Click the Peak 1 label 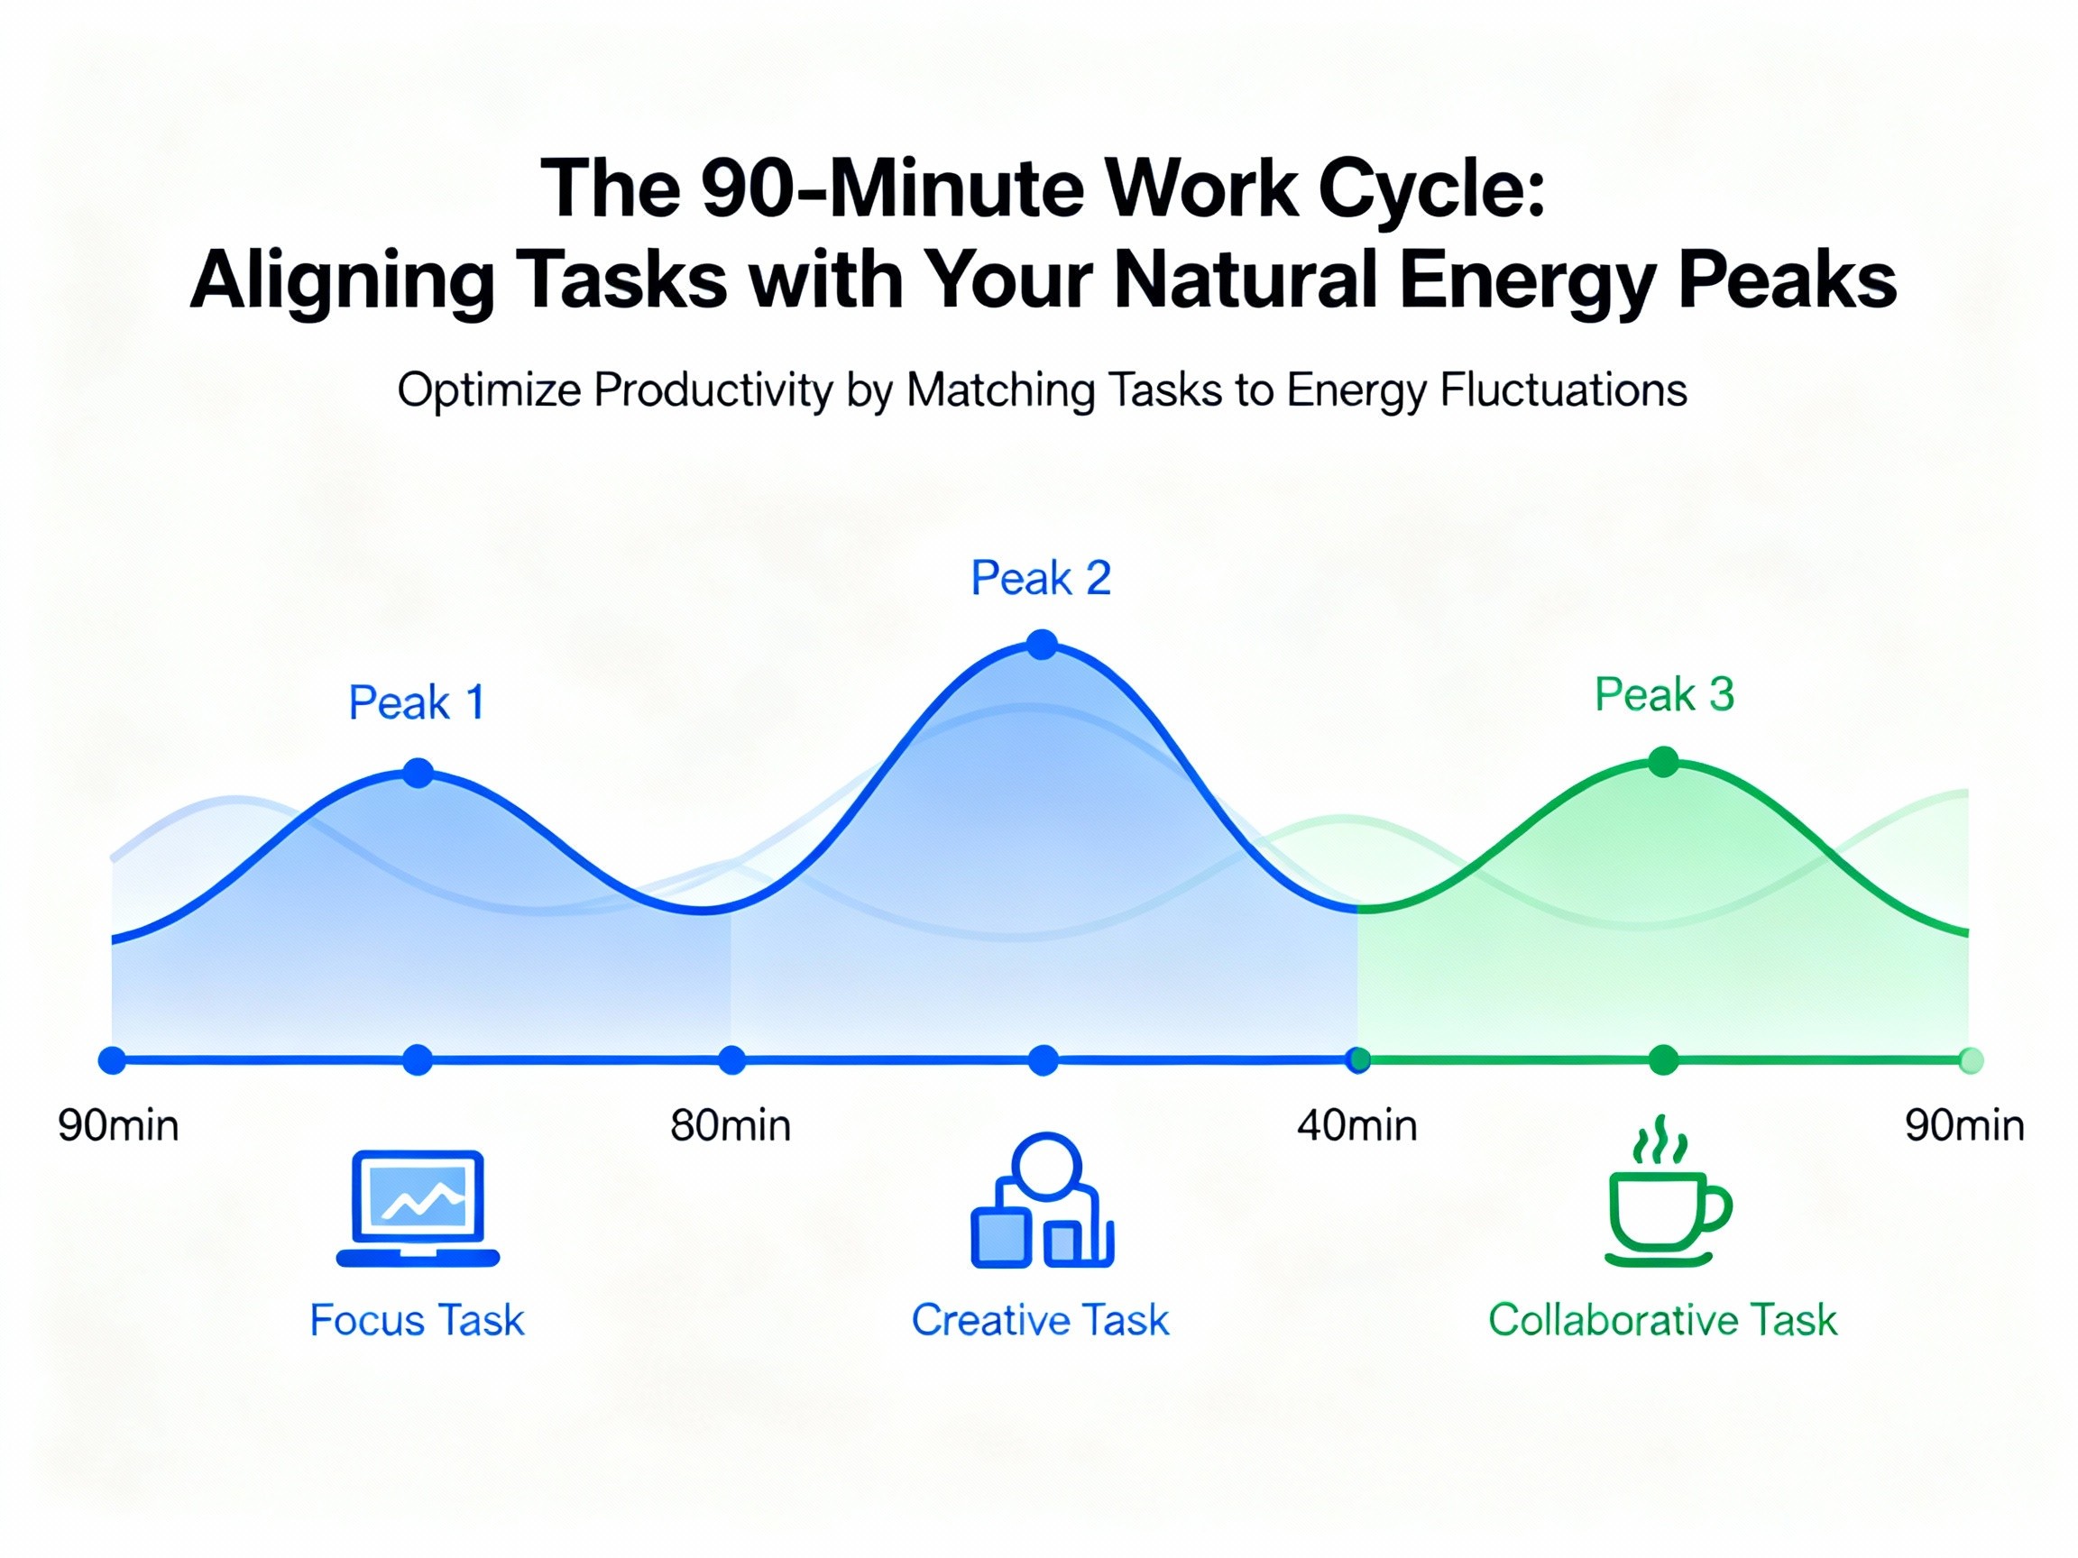417,702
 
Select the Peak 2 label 1041,578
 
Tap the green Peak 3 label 1664,695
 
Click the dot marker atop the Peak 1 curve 418,773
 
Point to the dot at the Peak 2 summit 1043,646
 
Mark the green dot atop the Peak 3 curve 1664,762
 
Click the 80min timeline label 731,1126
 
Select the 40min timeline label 1357,1126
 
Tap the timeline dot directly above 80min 731,1061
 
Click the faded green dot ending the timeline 1971,1061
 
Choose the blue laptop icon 418,1209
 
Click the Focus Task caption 417,1320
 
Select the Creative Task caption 1041,1320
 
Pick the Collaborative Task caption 1663,1320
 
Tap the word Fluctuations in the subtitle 1563,389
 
